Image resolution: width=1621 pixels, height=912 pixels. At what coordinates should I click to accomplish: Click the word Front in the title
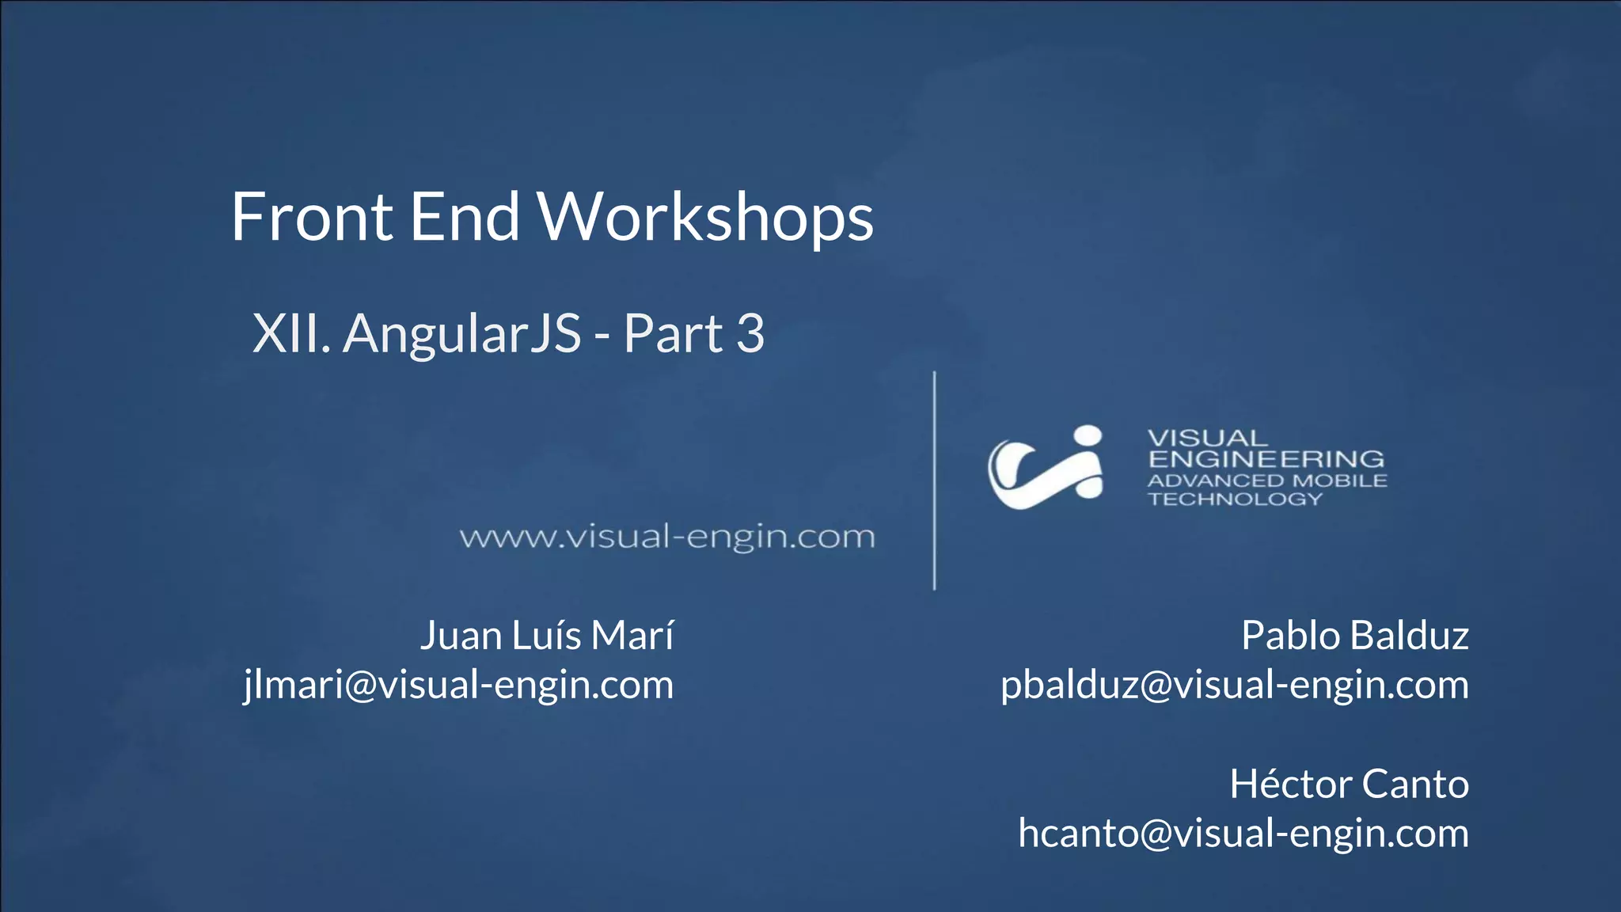[x=312, y=217]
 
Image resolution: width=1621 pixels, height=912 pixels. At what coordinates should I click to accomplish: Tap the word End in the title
[x=465, y=217]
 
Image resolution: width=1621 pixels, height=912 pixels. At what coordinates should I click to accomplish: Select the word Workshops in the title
[x=706, y=218]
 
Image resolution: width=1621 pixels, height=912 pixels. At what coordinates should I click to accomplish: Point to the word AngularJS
[x=463, y=334]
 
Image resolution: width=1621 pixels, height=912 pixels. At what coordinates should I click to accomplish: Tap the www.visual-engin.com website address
[x=667, y=537]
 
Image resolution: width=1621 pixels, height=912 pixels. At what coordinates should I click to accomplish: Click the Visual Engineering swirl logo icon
[x=1046, y=467]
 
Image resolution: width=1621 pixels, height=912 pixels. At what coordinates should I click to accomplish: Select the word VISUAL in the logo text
[x=1207, y=438]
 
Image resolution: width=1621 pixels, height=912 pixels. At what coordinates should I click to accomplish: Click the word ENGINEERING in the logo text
[x=1266, y=459]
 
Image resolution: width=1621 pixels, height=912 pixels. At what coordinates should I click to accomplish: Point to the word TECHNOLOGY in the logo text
[x=1235, y=499]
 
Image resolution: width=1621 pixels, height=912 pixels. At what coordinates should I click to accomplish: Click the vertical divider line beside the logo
[x=935, y=481]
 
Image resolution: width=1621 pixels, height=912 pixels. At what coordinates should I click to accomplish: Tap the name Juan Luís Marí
[x=547, y=635]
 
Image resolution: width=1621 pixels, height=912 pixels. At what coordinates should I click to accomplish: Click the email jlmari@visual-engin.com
[x=459, y=685]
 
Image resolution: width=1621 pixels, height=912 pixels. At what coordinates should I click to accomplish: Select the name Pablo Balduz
[x=1354, y=635]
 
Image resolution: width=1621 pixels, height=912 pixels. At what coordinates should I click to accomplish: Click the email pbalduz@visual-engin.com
[x=1235, y=685]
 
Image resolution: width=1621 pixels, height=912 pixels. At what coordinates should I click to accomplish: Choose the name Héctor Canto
[x=1349, y=784]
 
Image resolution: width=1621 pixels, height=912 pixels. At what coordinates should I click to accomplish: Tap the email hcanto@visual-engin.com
[x=1243, y=833]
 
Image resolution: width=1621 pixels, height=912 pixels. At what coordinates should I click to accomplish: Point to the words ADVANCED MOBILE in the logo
[x=1267, y=481]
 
